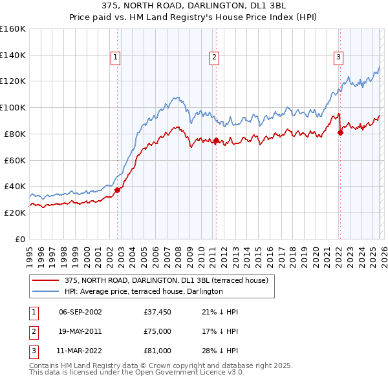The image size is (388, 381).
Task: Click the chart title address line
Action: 193,5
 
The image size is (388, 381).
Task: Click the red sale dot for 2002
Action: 117,190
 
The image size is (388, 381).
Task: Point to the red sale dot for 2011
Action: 216,139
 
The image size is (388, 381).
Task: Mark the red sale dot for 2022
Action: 340,132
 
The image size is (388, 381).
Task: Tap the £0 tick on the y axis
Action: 19,239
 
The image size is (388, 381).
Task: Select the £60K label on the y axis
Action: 14,160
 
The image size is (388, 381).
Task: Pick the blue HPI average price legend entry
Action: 143,291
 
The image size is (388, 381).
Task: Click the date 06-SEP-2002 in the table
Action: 80,312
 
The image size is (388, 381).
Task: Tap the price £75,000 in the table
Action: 157,331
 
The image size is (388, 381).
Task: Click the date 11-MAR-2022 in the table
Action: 80,351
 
